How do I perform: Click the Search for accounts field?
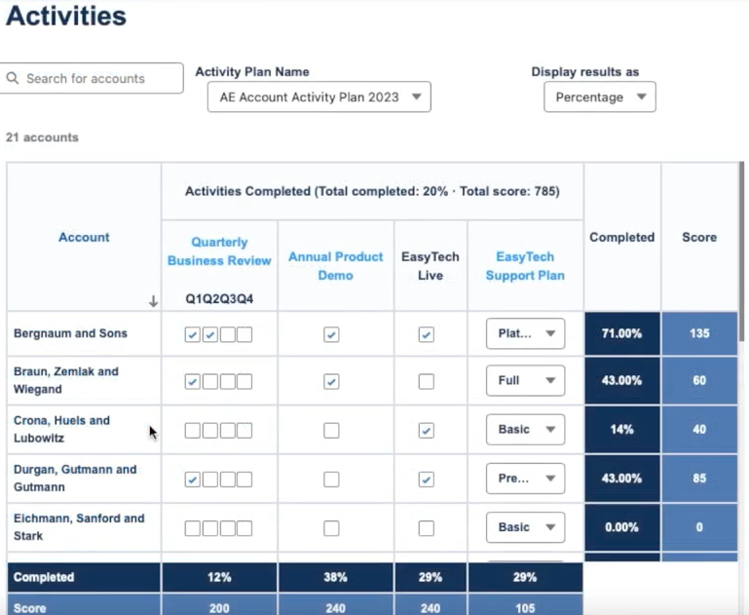coord(93,79)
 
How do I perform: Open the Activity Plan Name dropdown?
coord(318,97)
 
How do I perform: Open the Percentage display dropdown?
coord(599,97)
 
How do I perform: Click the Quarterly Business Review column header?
coord(219,251)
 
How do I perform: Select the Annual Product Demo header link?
coord(336,266)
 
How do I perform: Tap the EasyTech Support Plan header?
coord(525,266)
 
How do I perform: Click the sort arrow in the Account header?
coord(153,302)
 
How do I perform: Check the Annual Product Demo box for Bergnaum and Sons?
coord(331,334)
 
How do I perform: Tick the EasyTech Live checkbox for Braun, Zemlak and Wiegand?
coord(426,381)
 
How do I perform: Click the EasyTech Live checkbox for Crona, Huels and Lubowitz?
coord(426,430)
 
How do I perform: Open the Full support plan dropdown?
coord(525,381)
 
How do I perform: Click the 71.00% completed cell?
coord(621,333)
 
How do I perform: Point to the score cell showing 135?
coord(699,333)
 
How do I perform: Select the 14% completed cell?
coord(621,430)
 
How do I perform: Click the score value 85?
coord(699,479)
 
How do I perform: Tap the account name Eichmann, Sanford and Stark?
coord(79,527)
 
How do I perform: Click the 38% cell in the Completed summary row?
coord(336,577)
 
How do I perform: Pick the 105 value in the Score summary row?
coord(525,608)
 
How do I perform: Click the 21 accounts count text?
coord(42,137)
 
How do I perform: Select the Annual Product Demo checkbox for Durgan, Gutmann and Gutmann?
coord(331,479)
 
